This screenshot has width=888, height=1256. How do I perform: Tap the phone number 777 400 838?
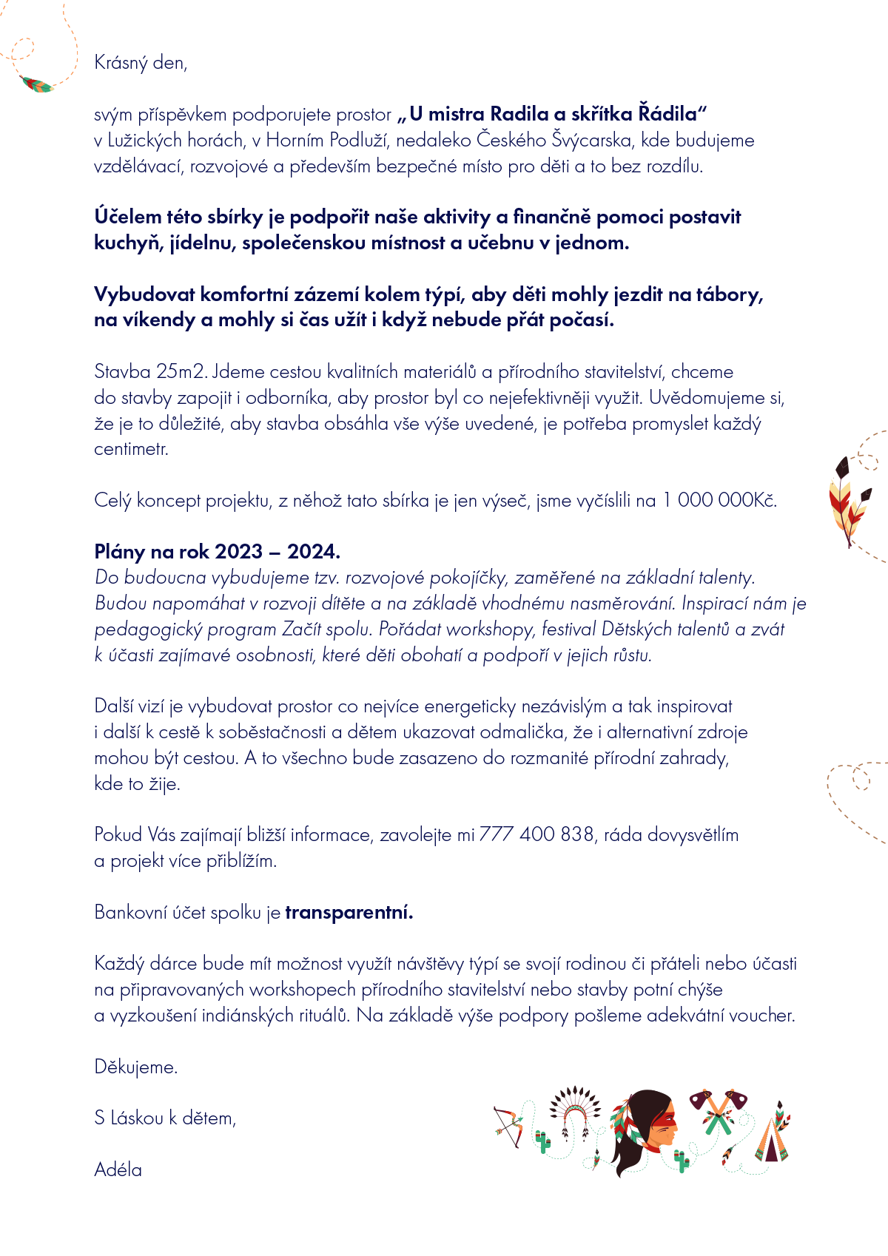pyautogui.click(x=536, y=834)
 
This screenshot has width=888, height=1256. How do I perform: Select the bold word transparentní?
pyautogui.click(x=349, y=912)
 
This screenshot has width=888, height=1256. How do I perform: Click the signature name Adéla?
pyautogui.click(x=118, y=1169)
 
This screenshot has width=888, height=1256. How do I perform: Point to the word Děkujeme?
pyautogui.click(x=136, y=1067)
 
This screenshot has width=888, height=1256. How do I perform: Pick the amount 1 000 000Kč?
pyautogui.click(x=719, y=500)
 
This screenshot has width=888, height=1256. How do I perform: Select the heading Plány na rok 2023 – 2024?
pyautogui.click(x=217, y=551)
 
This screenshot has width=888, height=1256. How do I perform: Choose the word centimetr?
pyautogui.click(x=131, y=449)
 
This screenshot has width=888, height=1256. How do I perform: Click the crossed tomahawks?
pyautogui.click(x=717, y=1110)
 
